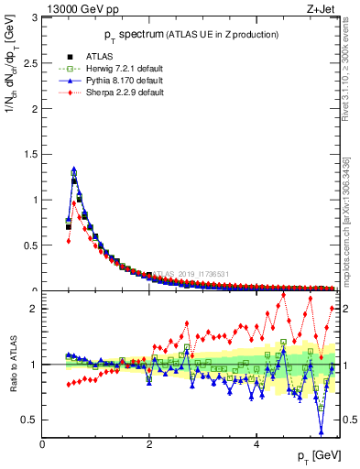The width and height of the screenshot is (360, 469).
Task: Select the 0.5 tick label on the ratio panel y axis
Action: pyautogui.click(x=31, y=420)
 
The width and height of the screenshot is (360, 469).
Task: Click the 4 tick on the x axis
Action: pyautogui.click(x=256, y=444)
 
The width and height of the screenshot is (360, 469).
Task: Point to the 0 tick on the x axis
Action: pyautogui.click(x=42, y=444)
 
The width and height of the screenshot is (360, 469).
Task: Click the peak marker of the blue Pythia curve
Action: pyautogui.click(x=73, y=169)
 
